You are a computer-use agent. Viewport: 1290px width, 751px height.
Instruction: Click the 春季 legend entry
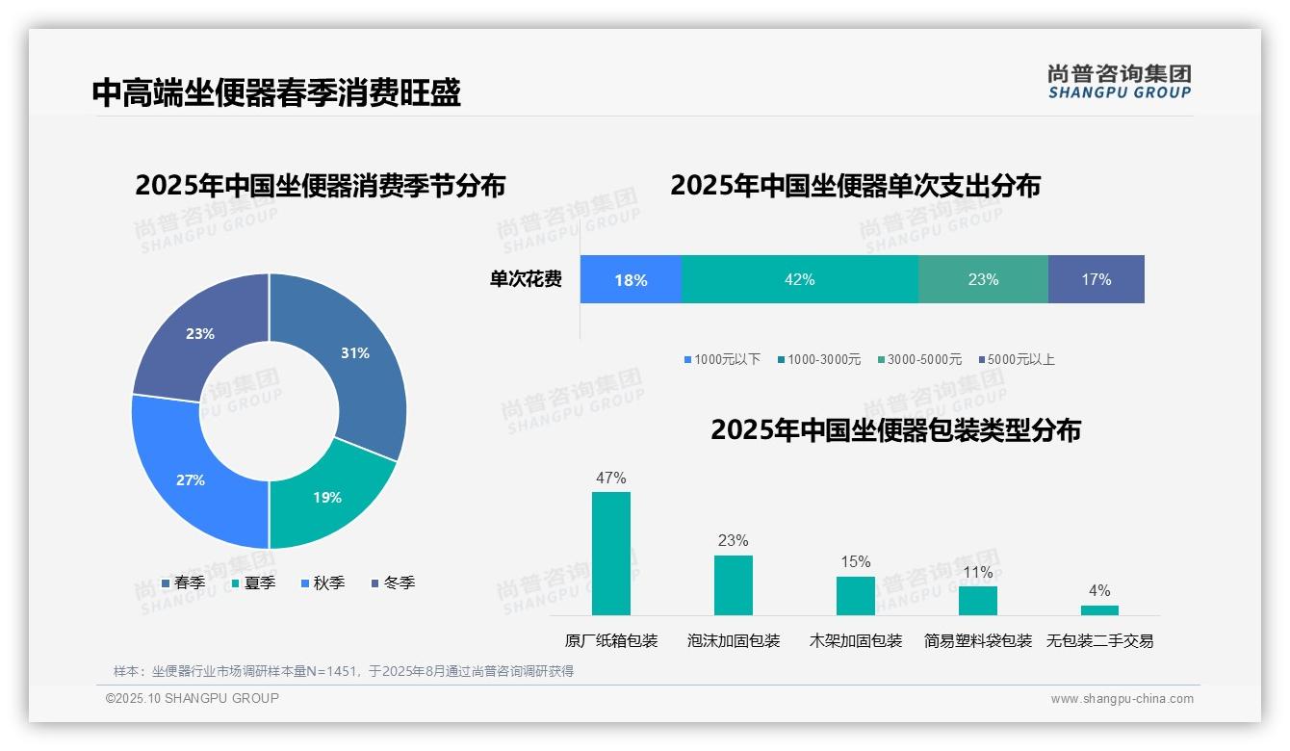(183, 583)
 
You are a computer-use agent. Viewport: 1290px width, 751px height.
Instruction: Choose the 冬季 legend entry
(392, 583)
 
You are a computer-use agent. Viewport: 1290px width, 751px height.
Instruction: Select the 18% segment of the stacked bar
(631, 280)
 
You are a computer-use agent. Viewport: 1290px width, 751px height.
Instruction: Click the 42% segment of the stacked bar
(800, 280)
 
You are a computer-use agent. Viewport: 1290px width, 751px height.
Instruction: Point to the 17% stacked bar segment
(1096, 280)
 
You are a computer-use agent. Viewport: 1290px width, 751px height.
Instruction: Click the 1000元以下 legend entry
(722, 359)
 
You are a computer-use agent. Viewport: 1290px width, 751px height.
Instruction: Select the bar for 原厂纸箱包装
(611, 554)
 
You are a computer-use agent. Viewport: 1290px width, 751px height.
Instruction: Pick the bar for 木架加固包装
(856, 596)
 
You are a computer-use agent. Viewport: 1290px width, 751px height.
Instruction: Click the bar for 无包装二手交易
(1099, 609)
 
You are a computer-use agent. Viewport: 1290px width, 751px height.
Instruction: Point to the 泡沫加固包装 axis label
(734, 641)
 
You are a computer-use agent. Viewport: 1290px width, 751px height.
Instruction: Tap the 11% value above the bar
(978, 573)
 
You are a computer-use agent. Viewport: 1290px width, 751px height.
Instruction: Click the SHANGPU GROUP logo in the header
(1120, 82)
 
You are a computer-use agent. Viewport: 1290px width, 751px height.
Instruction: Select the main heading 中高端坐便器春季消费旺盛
(276, 92)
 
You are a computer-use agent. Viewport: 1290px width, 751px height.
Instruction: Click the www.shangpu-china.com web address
(1122, 699)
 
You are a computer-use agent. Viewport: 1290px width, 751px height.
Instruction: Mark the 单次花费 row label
(526, 280)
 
